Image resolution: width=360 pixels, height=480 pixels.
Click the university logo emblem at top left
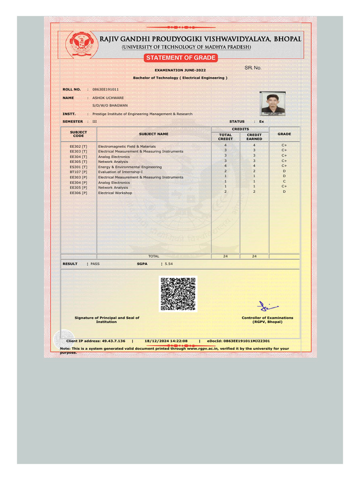[x=79, y=44]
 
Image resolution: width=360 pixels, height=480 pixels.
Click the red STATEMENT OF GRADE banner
[x=180, y=58]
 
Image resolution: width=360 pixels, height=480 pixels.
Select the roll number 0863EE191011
[x=105, y=89]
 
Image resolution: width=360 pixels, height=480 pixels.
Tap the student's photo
[x=273, y=104]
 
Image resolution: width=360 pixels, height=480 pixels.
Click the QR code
[x=178, y=294]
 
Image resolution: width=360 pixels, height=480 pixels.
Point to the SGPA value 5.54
[x=169, y=264]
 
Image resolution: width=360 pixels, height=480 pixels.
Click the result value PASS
[x=95, y=264]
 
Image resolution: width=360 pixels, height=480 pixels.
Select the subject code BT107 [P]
[x=78, y=172]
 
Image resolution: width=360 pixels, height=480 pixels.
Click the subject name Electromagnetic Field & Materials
[x=127, y=147]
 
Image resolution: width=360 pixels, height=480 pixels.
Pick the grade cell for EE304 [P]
[x=284, y=181]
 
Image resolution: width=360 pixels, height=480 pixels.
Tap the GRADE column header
[x=284, y=134]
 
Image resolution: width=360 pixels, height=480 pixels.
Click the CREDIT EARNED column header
[x=254, y=137]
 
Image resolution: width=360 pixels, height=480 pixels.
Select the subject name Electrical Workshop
[x=115, y=193]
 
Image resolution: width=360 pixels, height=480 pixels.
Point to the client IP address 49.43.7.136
[x=111, y=341]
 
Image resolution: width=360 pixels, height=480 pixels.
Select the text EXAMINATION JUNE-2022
[x=180, y=70]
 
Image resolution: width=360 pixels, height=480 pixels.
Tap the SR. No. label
[x=253, y=68]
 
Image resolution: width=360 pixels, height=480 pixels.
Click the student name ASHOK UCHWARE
[x=108, y=98]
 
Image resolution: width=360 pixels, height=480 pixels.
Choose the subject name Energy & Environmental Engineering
[x=130, y=167]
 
